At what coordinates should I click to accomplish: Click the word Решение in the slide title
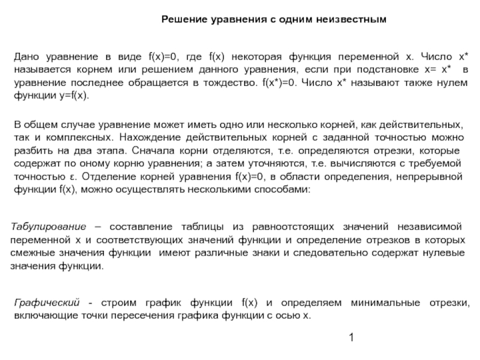[x=184, y=20]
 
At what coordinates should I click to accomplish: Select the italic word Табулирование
[x=48, y=227]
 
